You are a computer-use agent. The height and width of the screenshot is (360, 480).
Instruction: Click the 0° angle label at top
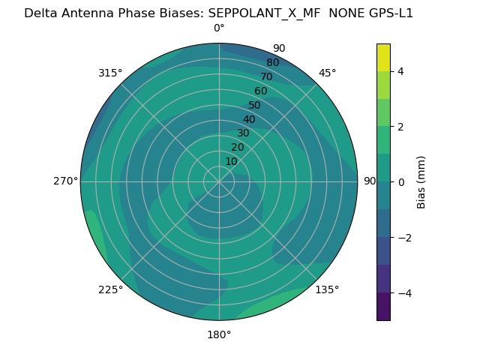click(219, 28)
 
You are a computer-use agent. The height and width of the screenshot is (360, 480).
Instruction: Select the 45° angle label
click(327, 73)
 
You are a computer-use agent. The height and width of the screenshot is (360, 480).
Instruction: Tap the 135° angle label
click(327, 289)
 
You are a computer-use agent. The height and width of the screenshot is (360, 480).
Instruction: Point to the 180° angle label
click(219, 334)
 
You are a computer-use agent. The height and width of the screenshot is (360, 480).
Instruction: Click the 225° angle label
click(110, 289)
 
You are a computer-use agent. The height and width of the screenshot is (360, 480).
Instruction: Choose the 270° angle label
click(65, 181)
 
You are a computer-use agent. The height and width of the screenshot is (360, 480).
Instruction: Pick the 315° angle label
click(110, 73)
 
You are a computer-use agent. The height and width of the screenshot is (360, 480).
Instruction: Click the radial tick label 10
click(231, 161)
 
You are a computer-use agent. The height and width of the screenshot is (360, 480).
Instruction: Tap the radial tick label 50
click(254, 106)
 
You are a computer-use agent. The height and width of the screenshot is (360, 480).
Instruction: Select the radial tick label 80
click(272, 63)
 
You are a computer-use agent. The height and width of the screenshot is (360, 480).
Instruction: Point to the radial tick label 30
click(243, 133)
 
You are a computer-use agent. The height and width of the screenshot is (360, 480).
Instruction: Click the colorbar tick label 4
click(400, 71)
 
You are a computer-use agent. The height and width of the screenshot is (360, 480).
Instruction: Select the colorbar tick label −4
click(403, 292)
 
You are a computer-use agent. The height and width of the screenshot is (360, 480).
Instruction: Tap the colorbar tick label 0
click(400, 182)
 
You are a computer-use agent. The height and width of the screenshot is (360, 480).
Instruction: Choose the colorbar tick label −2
click(403, 238)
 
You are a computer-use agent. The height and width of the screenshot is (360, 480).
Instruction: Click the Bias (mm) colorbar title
click(421, 182)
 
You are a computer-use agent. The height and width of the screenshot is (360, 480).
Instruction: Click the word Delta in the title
click(40, 13)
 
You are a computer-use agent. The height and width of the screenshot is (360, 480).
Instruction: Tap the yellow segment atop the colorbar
click(383, 57)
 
